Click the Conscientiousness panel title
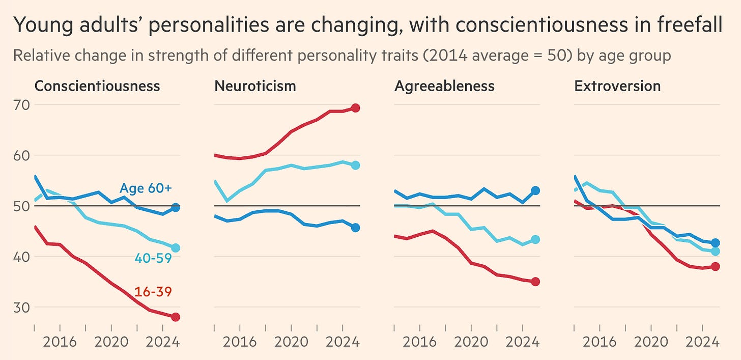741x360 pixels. tap(97, 86)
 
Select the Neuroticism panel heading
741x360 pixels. tap(255, 86)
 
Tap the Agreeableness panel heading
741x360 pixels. tap(444, 86)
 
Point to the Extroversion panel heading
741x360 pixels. tap(617, 86)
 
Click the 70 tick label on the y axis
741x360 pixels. tap(21, 105)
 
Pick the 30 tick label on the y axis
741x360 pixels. tap(21, 308)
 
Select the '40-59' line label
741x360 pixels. tap(153, 258)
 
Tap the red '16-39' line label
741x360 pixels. tap(153, 292)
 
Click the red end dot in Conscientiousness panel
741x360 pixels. tap(176, 317)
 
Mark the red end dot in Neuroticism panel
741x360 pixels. tap(356, 108)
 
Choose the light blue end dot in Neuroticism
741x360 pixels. tap(356, 165)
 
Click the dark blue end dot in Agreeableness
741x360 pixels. tap(535, 190)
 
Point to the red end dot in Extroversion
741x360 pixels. tap(715, 266)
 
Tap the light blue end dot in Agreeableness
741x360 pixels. tap(535, 239)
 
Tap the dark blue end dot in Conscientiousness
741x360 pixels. tap(176, 207)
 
